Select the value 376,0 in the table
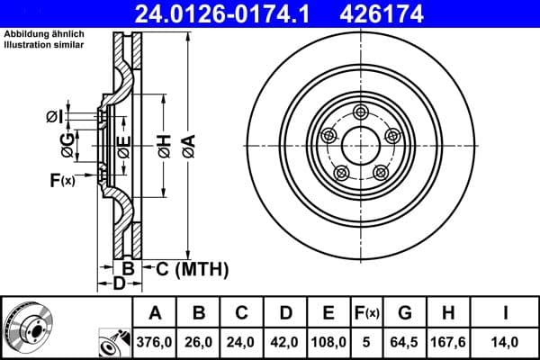click(x=155, y=341)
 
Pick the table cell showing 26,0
click(x=199, y=341)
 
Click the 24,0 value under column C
click(x=242, y=341)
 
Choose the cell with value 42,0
click(x=286, y=341)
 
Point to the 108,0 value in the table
click(x=329, y=341)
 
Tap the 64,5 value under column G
click(x=405, y=341)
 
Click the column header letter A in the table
click(x=155, y=313)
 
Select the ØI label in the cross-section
click(x=54, y=115)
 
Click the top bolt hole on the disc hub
click(x=361, y=112)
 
